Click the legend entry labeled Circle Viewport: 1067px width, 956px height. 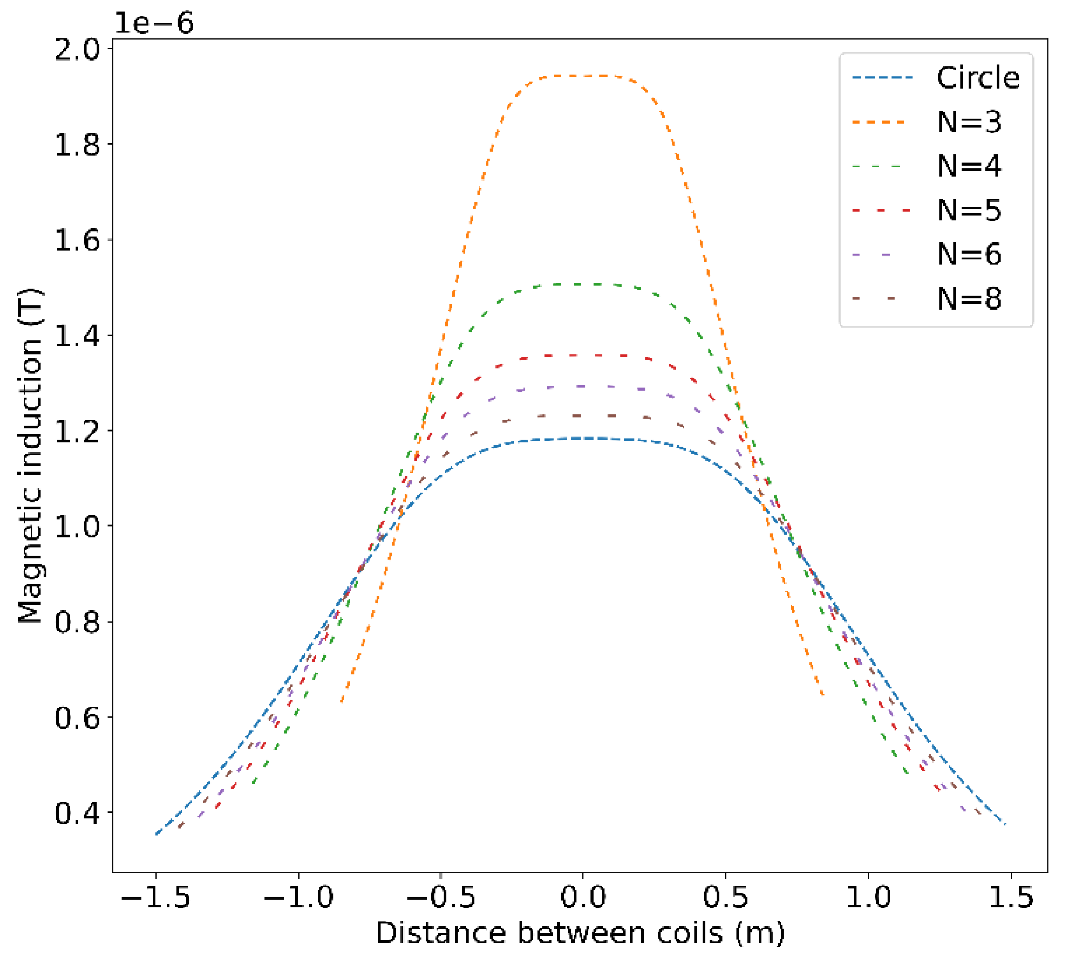point(977,78)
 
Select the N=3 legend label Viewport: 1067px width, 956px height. point(969,122)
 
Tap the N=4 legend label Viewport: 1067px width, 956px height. point(969,166)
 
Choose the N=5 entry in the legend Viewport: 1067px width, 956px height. point(969,210)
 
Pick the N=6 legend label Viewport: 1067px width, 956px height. point(969,254)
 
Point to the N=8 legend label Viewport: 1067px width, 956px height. point(969,299)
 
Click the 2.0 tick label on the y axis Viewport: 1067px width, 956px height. point(78,49)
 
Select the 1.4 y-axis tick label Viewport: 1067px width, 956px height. point(78,336)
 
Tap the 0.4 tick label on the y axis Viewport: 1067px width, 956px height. point(78,813)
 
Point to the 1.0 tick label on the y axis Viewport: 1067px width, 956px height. point(78,527)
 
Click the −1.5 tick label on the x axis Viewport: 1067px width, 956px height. point(156,898)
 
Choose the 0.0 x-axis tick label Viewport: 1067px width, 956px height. point(583,898)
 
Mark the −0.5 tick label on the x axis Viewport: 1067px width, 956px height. point(441,898)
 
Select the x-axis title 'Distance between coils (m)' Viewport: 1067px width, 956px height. point(580,933)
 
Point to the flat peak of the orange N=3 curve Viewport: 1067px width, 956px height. point(583,76)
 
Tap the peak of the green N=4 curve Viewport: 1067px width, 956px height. point(583,284)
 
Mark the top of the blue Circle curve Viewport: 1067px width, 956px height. point(583,439)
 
